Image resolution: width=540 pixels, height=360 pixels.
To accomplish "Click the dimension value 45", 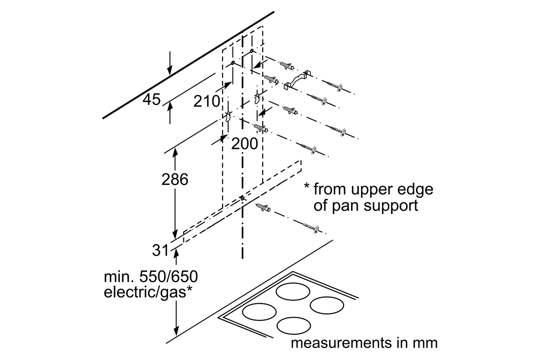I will (x=151, y=99).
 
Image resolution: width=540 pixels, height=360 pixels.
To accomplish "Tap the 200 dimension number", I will (x=244, y=144).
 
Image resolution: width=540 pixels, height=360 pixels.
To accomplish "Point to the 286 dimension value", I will (x=175, y=179).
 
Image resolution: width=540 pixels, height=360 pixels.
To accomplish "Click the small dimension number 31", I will (x=160, y=250).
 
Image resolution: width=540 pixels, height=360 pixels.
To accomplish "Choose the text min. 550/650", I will (x=151, y=277).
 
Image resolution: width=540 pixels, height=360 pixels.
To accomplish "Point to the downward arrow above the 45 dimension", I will (x=170, y=64).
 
